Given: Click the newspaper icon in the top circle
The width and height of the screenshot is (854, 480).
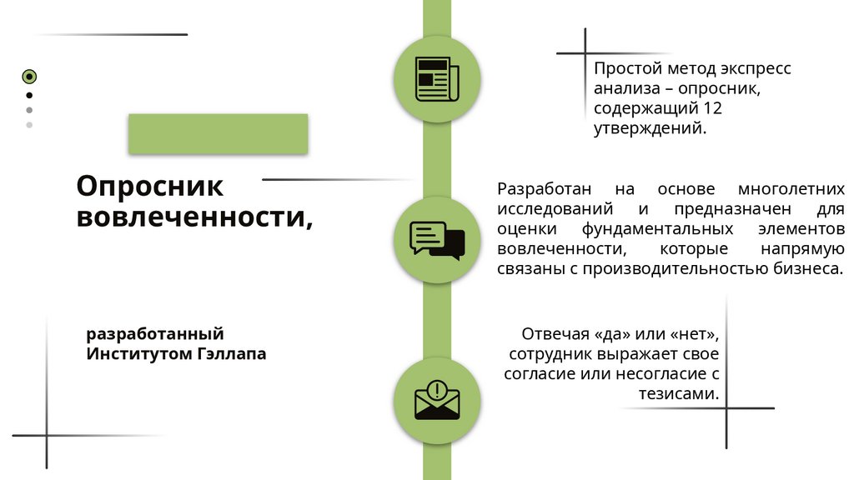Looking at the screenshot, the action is (x=437, y=79).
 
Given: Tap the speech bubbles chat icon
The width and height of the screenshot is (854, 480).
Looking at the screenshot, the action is (x=437, y=240).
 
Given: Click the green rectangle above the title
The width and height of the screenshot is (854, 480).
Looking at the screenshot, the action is (x=218, y=134).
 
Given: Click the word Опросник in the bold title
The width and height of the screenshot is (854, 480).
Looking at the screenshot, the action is (x=150, y=185).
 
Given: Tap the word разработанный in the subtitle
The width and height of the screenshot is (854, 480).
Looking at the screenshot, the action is (x=155, y=334).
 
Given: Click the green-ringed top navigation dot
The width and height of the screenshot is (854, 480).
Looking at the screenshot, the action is (x=29, y=77).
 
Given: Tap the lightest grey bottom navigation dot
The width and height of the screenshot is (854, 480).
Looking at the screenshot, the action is (x=29, y=125).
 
